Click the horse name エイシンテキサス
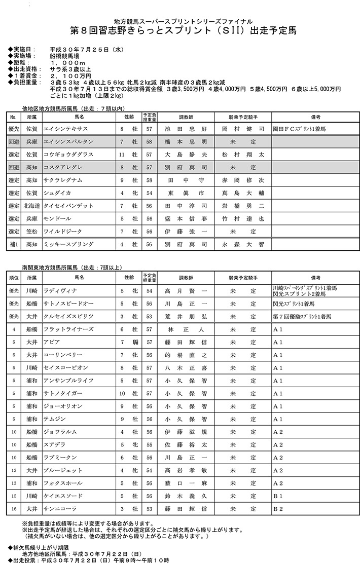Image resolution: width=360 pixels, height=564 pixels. (x=66, y=129)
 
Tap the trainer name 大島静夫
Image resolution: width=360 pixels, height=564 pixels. (x=186, y=155)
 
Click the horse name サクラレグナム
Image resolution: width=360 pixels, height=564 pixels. (x=63, y=180)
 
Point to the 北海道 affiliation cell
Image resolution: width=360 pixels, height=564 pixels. (x=31, y=206)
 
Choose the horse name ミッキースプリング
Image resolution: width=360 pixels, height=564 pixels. (x=69, y=244)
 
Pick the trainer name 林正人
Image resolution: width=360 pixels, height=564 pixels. (x=186, y=329)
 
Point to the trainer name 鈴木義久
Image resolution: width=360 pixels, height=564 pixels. (x=186, y=495)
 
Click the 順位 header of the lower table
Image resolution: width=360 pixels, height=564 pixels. (x=14, y=278)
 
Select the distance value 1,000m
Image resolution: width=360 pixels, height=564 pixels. (x=68, y=62)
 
